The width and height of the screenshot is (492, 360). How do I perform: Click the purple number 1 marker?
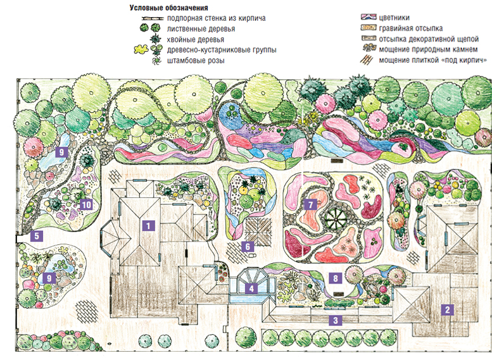point(148,224)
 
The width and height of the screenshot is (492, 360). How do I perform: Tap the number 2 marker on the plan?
point(448,309)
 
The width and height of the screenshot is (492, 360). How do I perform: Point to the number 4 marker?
point(252,289)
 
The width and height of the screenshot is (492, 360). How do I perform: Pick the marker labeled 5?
point(37,237)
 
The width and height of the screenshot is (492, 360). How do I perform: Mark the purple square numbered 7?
point(310,204)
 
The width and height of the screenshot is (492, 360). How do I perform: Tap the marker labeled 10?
point(87,204)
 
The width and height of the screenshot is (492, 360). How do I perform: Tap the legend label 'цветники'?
point(393,18)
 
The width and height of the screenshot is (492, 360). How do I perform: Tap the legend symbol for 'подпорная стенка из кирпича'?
point(152,18)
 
